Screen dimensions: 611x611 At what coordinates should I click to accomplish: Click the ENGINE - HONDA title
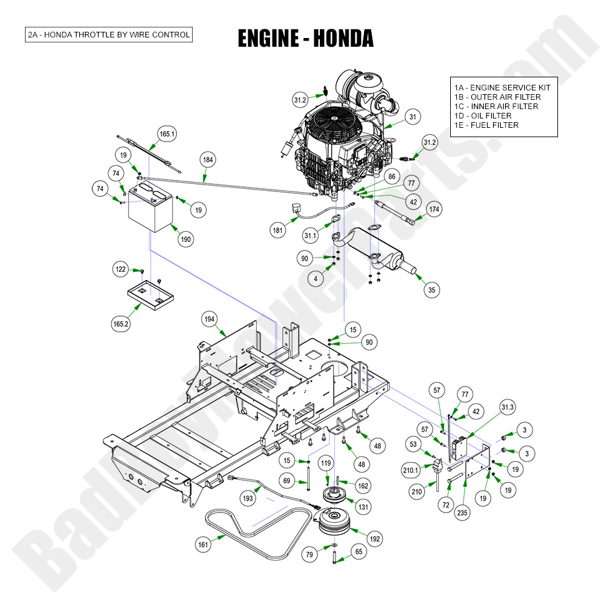click(x=305, y=38)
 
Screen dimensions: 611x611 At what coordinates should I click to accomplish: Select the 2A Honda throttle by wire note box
click(x=108, y=34)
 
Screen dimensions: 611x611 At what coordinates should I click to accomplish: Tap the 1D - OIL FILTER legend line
click(x=483, y=116)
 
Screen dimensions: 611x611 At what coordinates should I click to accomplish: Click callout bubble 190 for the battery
click(x=185, y=239)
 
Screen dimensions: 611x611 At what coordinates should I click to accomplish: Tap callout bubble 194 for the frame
click(x=210, y=319)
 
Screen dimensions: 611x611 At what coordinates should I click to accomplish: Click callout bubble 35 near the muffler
click(x=431, y=289)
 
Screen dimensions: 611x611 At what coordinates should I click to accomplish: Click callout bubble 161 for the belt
click(x=203, y=545)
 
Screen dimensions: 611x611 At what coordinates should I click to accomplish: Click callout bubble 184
click(x=208, y=160)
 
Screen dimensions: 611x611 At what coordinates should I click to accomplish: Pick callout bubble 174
click(x=434, y=209)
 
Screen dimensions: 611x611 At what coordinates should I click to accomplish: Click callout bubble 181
click(x=277, y=231)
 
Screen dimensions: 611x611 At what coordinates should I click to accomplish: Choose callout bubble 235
click(x=462, y=514)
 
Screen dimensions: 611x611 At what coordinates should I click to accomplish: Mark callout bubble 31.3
click(x=508, y=408)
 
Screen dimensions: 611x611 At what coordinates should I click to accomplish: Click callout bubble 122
click(x=120, y=269)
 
